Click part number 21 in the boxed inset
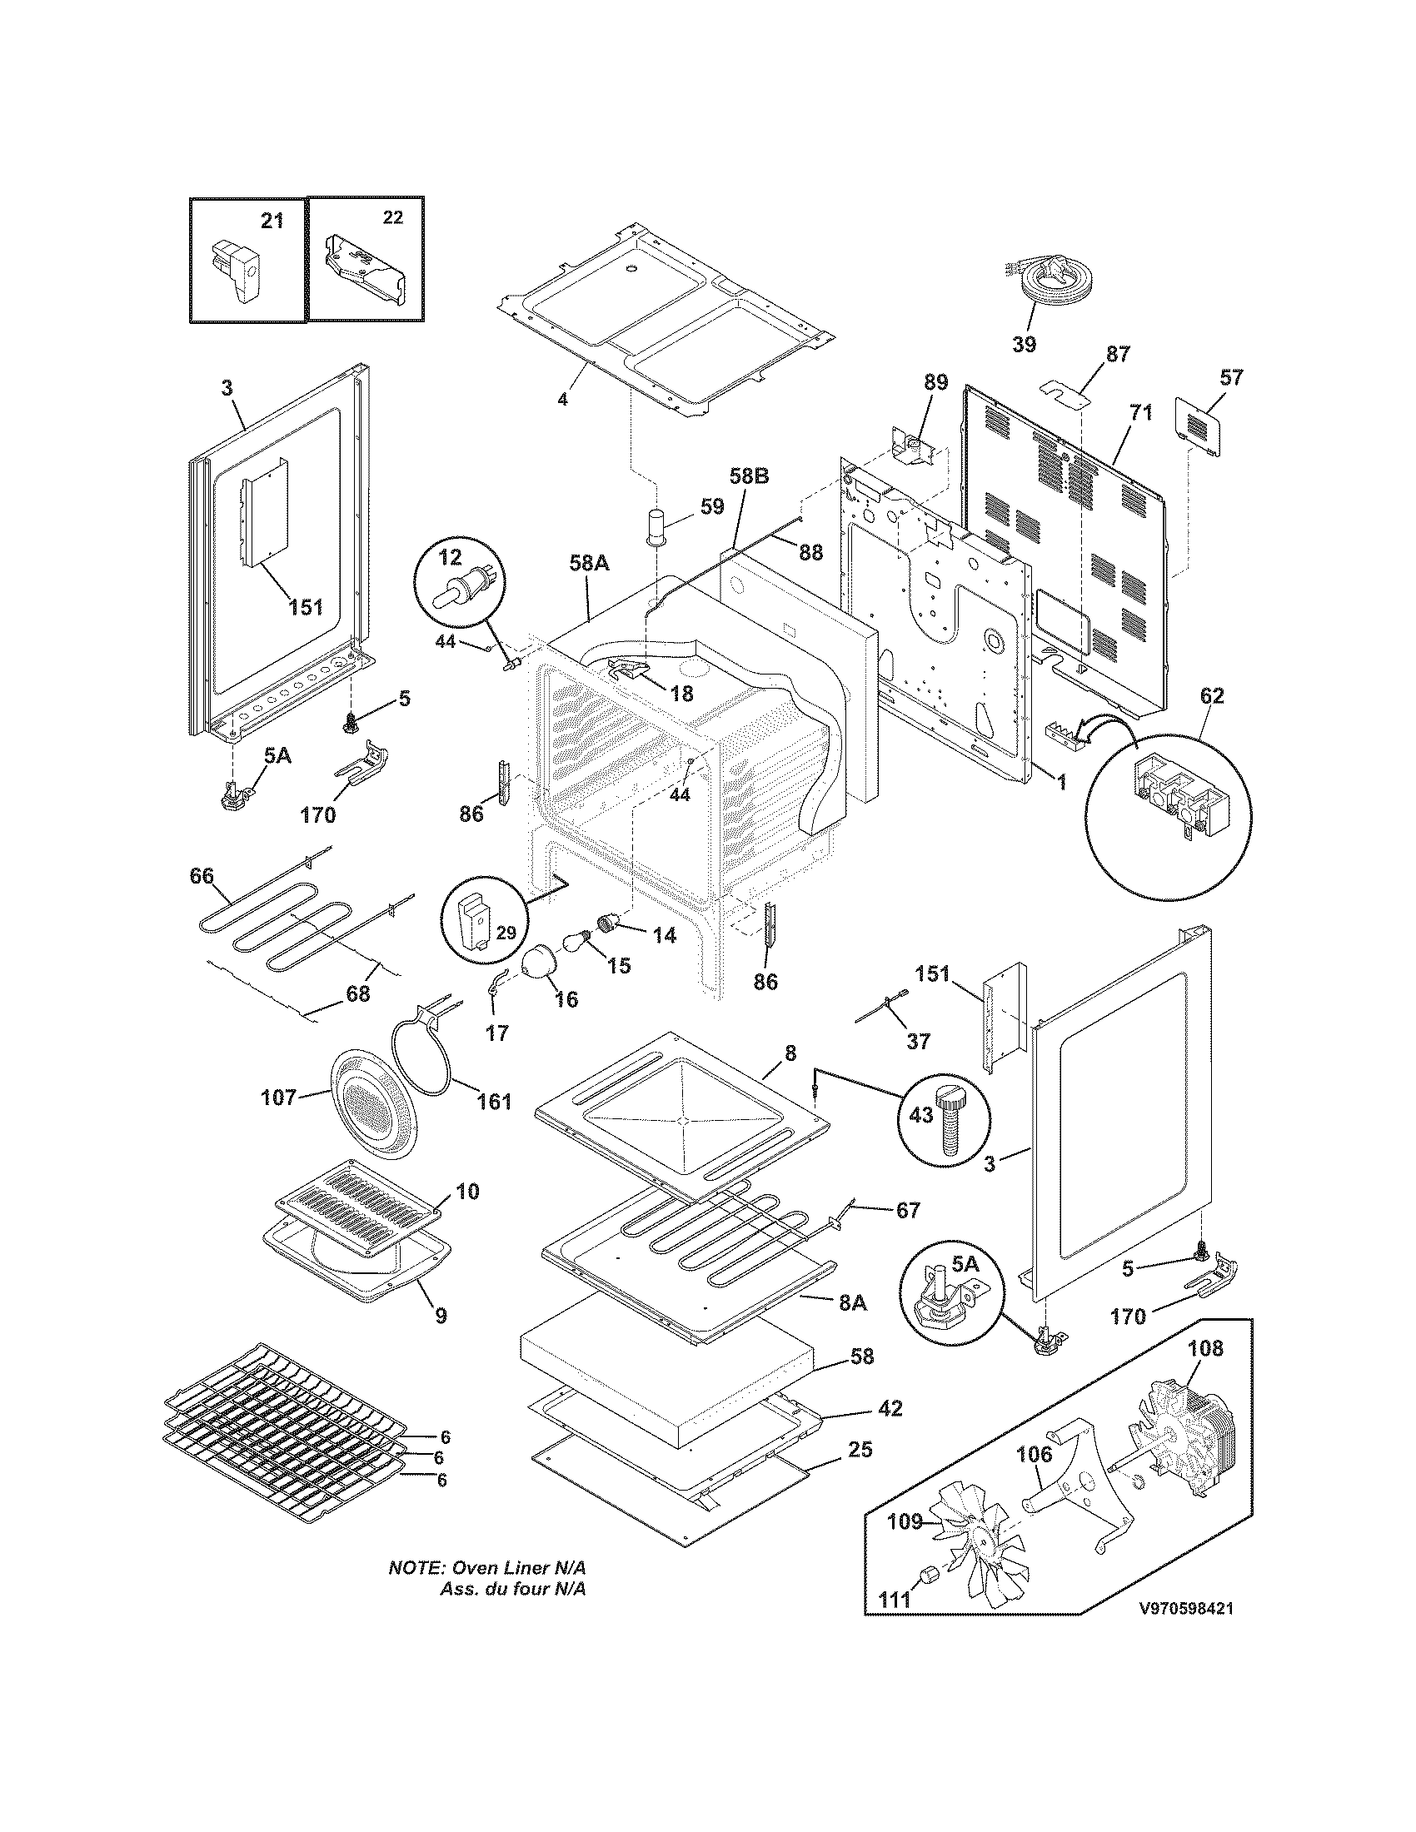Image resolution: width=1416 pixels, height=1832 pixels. pyautogui.click(x=272, y=221)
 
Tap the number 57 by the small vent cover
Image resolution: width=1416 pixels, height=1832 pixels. pyautogui.click(x=1230, y=377)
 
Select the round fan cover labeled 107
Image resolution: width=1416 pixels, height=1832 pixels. pyautogui.click(x=371, y=1105)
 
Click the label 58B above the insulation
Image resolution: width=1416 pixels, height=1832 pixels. pyautogui.click(x=748, y=477)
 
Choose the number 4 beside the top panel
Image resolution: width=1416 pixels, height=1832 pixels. pyautogui.click(x=563, y=399)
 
